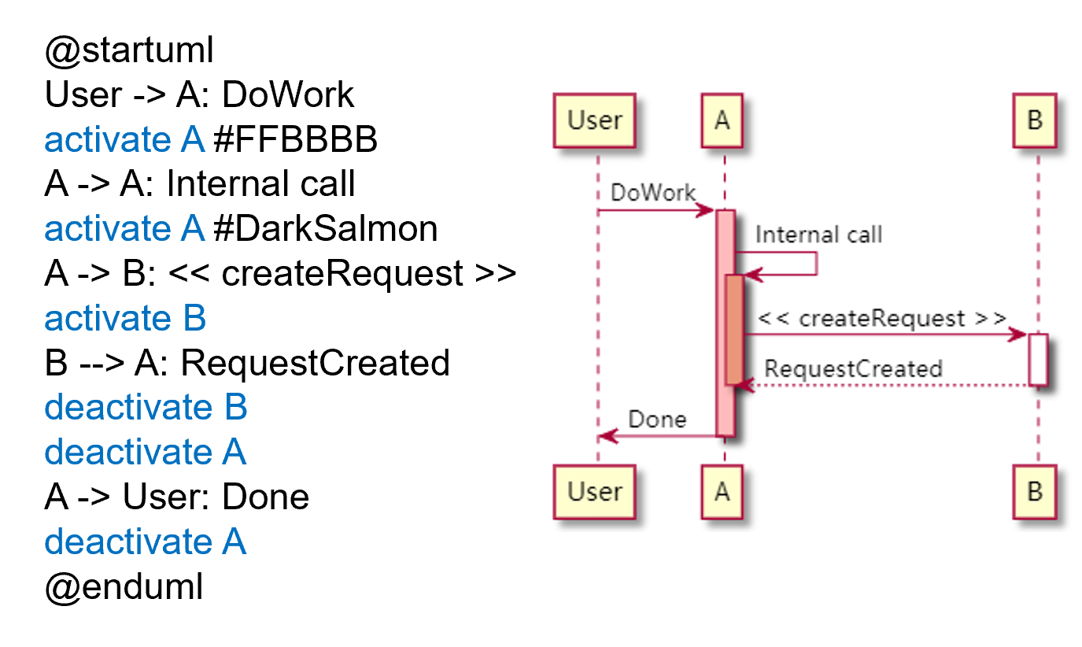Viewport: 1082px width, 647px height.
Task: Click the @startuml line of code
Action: tap(129, 51)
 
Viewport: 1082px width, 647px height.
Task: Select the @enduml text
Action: tap(124, 587)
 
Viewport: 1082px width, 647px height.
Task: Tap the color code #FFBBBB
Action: tap(295, 140)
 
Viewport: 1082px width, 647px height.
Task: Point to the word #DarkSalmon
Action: tap(325, 229)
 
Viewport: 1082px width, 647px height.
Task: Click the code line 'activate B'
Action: tap(125, 319)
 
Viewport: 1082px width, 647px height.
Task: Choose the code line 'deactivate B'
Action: tap(146, 408)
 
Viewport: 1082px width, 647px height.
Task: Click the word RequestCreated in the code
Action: tap(315, 364)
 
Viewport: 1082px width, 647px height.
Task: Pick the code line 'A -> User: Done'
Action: tap(176, 497)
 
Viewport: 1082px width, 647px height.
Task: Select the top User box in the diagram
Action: tap(595, 121)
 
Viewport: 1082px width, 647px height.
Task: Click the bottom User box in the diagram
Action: tap(595, 493)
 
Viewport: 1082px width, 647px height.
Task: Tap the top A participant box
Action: tap(722, 121)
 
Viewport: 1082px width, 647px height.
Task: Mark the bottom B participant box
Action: tap(1035, 493)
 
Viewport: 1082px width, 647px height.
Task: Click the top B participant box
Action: tap(1035, 121)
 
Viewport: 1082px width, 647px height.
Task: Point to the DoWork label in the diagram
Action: tap(653, 194)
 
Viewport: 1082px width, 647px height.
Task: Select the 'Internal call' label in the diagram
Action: tap(818, 235)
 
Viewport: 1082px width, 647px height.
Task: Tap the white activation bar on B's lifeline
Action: tap(1038, 359)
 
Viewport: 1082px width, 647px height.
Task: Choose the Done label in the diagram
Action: tap(657, 420)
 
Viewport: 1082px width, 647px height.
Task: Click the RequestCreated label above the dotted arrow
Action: tap(853, 368)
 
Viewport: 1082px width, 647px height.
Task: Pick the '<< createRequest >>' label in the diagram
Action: tap(881, 319)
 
